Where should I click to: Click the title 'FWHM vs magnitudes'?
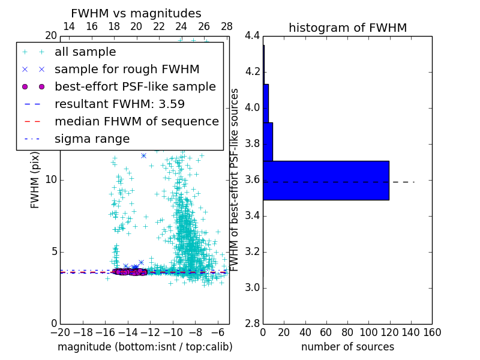136,13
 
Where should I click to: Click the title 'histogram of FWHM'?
347,28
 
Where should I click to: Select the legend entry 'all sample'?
85,52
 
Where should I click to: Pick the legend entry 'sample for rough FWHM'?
127,70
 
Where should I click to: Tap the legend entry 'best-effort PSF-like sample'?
135,87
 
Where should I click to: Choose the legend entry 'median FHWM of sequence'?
136,122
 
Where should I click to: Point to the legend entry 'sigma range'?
92,139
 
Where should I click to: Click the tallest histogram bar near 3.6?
326,180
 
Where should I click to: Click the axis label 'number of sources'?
347,347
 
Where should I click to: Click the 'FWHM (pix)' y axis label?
35,180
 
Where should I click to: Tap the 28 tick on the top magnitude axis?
227,26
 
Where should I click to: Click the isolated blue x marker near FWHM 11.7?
143,155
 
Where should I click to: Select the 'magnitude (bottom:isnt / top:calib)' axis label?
145,347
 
